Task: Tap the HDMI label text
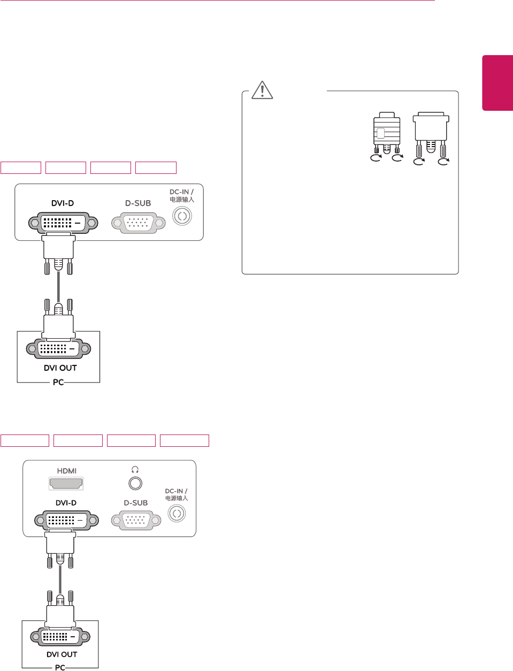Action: point(67,471)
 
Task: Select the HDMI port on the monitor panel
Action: point(66,483)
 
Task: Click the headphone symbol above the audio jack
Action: point(135,469)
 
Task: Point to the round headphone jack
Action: point(135,483)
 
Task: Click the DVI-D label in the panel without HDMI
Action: point(63,203)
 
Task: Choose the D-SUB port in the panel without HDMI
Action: point(139,223)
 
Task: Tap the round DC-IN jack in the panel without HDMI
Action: point(182,216)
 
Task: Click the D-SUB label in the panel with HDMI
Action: point(136,503)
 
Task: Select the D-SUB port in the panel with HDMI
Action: point(136,520)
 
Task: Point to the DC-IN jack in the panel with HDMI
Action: point(177,514)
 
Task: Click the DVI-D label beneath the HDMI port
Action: point(66,503)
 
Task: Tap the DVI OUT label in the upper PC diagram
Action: point(60,368)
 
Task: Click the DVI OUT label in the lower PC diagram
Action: point(62,654)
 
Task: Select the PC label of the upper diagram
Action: point(58,382)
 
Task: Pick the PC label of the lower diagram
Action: point(60,667)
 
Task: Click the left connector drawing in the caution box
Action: point(387,134)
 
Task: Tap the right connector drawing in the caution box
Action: point(431,135)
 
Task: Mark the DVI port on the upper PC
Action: point(59,349)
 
